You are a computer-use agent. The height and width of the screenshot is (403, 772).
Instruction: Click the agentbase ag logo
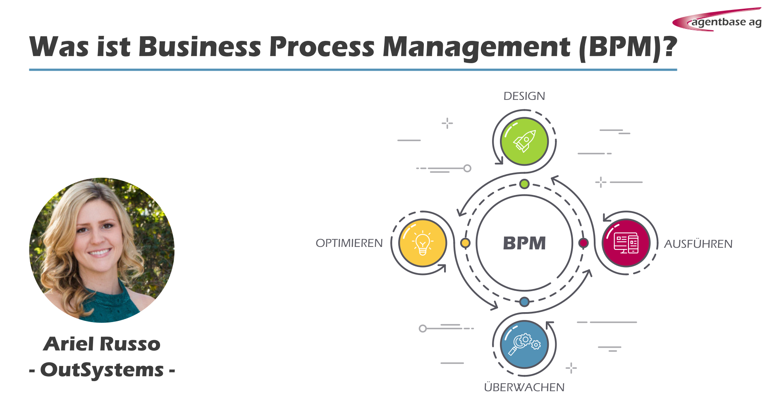click(x=717, y=19)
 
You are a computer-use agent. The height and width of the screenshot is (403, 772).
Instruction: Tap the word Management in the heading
click(x=476, y=46)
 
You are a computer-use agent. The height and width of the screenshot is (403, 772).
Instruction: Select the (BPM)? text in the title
click(x=628, y=47)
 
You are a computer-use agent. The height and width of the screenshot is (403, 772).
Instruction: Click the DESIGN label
click(x=524, y=96)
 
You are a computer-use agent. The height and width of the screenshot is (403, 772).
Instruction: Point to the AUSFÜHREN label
click(x=698, y=244)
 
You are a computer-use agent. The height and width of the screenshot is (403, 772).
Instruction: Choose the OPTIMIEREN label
click(x=349, y=243)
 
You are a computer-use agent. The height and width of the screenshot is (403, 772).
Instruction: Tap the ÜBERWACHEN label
click(x=524, y=387)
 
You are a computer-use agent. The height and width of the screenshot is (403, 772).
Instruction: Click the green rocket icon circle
click(x=524, y=141)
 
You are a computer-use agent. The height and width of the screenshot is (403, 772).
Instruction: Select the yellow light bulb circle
click(x=423, y=243)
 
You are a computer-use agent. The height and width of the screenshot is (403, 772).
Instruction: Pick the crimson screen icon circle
click(x=626, y=243)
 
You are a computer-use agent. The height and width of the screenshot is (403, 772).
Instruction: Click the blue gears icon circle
click(x=524, y=344)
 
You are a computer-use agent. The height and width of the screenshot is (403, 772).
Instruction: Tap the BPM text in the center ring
click(x=524, y=243)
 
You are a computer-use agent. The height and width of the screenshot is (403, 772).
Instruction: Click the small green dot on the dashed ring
click(x=524, y=184)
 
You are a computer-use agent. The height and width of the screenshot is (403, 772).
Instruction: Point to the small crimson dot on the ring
click(x=583, y=243)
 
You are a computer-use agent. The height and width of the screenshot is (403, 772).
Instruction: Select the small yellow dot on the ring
click(x=465, y=243)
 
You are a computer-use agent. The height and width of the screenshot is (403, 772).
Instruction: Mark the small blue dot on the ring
click(x=524, y=302)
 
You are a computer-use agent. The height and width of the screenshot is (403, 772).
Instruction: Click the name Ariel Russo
click(x=102, y=344)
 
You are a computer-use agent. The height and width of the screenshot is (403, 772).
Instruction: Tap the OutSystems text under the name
click(x=102, y=370)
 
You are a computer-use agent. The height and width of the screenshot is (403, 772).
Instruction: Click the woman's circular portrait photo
click(x=102, y=250)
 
